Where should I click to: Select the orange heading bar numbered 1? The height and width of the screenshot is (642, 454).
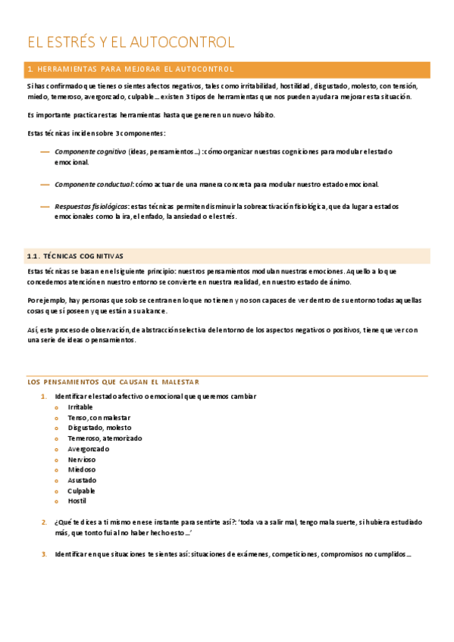click(x=227, y=70)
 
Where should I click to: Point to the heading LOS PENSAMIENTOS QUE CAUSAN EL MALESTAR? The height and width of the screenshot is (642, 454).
click(x=113, y=382)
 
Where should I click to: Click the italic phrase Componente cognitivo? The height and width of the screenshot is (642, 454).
click(x=90, y=151)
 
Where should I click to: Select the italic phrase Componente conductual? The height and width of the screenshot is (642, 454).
click(x=93, y=184)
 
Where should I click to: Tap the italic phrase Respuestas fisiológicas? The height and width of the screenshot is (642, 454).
click(x=91, y=206)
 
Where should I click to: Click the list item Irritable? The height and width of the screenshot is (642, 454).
click(x=80, y=407)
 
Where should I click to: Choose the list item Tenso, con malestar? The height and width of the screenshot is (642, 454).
click(x=99, y=417)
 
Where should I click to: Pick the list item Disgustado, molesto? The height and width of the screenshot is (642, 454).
click(x=99, y=428)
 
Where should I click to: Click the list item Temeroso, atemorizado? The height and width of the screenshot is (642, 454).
click(x=105, y=438)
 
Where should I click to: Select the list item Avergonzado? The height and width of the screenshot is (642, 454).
click(x=88, y=448)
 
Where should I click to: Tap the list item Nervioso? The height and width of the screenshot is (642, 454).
click(x=82, y=459)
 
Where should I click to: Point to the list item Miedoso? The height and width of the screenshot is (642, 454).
click(x=81, y=469)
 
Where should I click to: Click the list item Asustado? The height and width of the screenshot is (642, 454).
click(x=82, y=480)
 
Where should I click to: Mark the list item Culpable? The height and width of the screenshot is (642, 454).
click(x=82, y=491)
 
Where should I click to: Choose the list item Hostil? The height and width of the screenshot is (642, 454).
click(x=77, y=501)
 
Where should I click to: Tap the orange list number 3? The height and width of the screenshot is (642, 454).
click(x=44, y=554)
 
